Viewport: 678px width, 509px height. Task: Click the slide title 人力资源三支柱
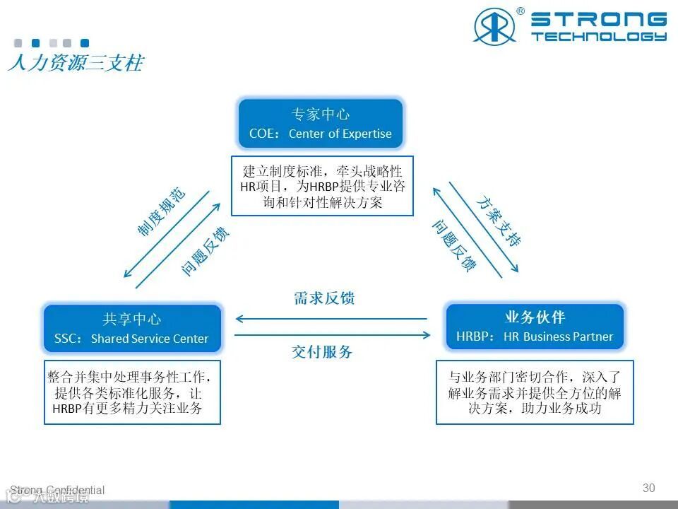tap(76, 63)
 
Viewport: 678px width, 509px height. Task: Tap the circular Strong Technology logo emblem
tap(494, 26)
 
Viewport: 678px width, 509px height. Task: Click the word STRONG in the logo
tap(598, 19)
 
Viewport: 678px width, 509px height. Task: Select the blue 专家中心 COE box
tap(321, 123)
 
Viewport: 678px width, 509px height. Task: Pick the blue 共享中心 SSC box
tap(132, 328)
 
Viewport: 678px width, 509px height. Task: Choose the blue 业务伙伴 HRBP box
tap(535, 326)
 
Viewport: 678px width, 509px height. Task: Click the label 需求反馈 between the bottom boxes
tap(323, 298)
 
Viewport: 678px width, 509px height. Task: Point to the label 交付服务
tap(322, 351)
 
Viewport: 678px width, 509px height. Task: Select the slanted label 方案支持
tap(498, 221)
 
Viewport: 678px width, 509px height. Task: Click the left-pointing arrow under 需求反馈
tap(332, 319)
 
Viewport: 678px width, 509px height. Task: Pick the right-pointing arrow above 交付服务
tap(332, 335)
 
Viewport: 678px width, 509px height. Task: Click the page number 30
tap(648, 488)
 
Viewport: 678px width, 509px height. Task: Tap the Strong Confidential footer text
tap(57, 490)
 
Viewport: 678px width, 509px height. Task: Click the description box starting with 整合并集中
tap(132, 392)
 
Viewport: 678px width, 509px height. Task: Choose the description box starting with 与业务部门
tap(534, 392)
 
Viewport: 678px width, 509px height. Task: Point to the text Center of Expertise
tap(340, 134)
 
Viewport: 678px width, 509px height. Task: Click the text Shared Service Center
tap(150, 339)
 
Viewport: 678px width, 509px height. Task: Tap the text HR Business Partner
tap(558, 337)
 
